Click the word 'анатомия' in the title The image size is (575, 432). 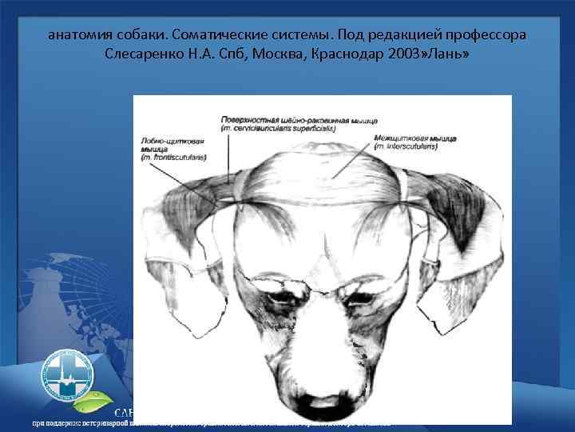[79, 37]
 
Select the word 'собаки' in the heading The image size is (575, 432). [147, 37]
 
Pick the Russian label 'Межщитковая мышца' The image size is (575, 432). [414, 138]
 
